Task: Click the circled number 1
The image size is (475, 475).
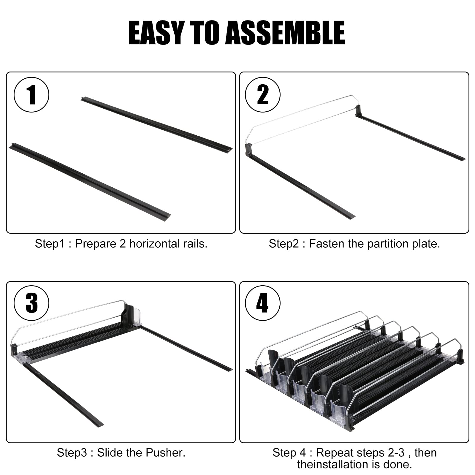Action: tap(31, 95)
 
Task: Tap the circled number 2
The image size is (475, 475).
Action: tap(262, 95)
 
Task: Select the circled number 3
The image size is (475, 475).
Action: tap(31, 303)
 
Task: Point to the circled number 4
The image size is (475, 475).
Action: tap(262, 303)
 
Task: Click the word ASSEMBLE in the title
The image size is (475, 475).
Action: tap(285, 33)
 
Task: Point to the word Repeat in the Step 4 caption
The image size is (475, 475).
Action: tap(332, 453)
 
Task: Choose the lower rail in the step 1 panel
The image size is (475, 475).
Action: tap(90, 180)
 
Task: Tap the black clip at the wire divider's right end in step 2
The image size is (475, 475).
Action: tap(358, 110)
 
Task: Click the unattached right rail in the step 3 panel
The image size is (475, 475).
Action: tap(186, 348)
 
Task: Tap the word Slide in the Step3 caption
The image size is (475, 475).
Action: tap(110, 453)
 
